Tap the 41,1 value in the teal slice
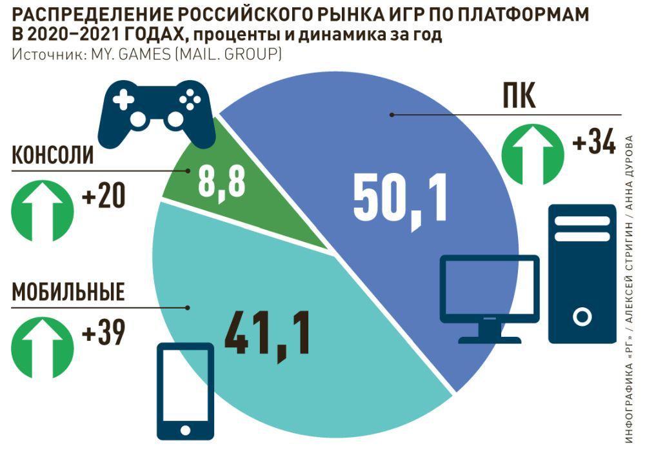point(267,334)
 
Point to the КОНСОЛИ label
point(54,156)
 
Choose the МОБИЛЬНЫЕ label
point(68,292)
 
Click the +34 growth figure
point(593,143)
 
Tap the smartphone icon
point(185,391)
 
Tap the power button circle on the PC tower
point(582,317)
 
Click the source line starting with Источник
point(146,55)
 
